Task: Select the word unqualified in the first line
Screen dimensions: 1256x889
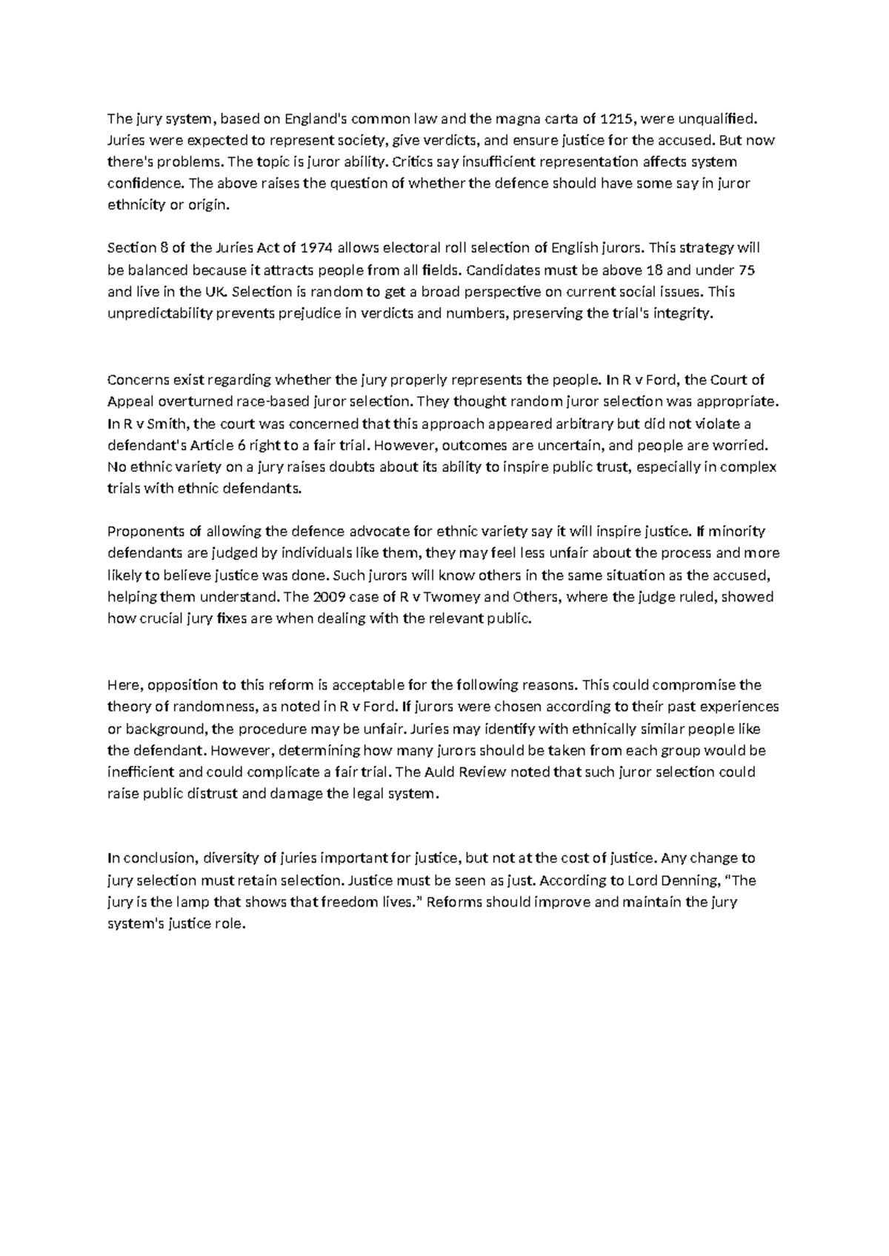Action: coord(721,118)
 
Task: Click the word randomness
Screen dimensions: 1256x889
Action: coord(209,706)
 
